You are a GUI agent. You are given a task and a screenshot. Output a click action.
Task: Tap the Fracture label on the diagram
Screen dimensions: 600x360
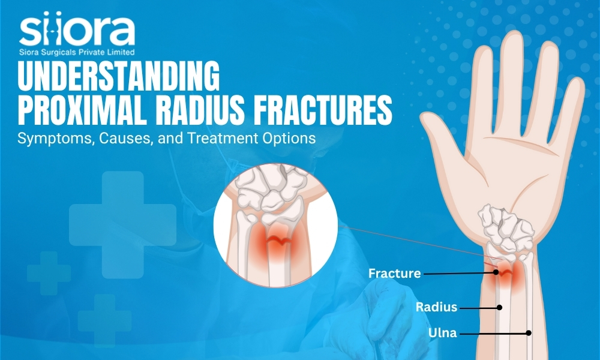(x=395, y=273)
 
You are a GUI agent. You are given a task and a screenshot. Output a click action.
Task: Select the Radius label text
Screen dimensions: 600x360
(x=436, y=307)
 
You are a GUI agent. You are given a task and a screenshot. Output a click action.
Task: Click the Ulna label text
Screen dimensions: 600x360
(x=442, y=333)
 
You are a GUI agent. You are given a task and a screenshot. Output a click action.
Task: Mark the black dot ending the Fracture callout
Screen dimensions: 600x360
(x=496, y=272)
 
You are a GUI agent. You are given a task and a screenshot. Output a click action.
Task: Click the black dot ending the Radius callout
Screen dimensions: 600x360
(x=499, y=307)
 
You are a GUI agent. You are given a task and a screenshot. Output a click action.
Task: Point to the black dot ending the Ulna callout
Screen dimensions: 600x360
(x=529, y=333)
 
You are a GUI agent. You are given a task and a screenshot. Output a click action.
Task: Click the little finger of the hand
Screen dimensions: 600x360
(x=571, y=111)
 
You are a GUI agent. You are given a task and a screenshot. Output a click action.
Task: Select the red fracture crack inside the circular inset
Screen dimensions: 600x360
(x=279, y=241)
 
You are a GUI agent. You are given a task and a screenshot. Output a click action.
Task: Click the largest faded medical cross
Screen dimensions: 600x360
(x=122, y=225)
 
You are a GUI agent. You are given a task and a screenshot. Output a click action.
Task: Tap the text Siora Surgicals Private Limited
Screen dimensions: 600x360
(x=77, y=52)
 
